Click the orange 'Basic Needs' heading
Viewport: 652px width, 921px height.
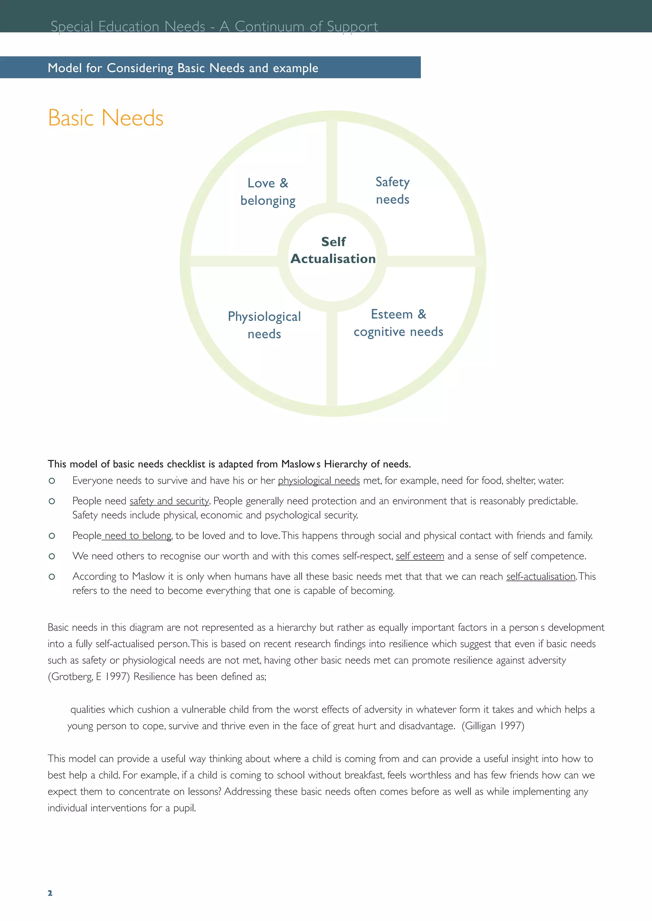click(106, 118)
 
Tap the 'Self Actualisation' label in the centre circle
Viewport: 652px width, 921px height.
click(333, 250)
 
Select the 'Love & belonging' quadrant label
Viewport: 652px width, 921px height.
click(268, 192)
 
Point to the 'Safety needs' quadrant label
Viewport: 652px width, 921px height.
click(393, 190)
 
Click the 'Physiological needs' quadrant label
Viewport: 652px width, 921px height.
click(264, 325)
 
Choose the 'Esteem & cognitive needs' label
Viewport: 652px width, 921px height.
click(398, 323)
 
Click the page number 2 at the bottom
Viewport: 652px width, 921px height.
click(50, 893)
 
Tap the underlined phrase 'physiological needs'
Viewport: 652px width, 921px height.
click(319, 481)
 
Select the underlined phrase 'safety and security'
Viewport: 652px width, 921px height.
click(169, 501)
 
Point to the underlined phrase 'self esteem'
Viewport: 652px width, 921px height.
click(420, 556)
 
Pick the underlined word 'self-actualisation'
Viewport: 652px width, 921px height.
click(541, 577)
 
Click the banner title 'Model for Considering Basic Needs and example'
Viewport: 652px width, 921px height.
click(183, 68)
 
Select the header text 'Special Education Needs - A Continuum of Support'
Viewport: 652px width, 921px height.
click(214, 26)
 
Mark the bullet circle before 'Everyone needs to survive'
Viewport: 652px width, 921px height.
click(52, 481)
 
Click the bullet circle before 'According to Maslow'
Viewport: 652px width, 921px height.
click(52, 577)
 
